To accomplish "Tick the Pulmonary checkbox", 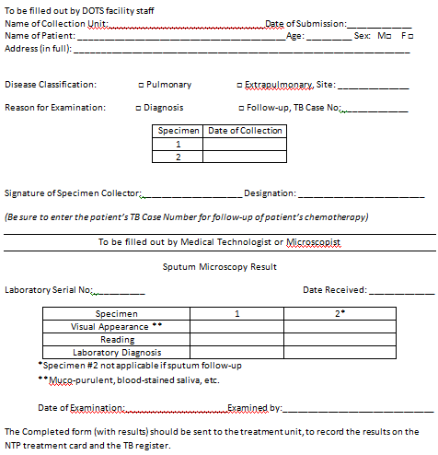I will tap(140, 85).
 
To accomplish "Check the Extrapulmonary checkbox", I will tap(239, 85).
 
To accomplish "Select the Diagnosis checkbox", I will tap(140, 108).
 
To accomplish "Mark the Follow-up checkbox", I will tap(239, 108).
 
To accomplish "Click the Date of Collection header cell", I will tap(245, 131).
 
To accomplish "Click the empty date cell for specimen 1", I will tap(245, 144).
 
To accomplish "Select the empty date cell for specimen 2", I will tap(245, 157).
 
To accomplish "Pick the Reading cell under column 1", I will tap(237, 339).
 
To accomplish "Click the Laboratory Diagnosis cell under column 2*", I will tap(340, 352).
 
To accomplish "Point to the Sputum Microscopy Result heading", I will tap(219, 267).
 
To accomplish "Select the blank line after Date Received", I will tap(401, 292).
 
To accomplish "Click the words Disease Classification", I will tap(51, 85).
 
